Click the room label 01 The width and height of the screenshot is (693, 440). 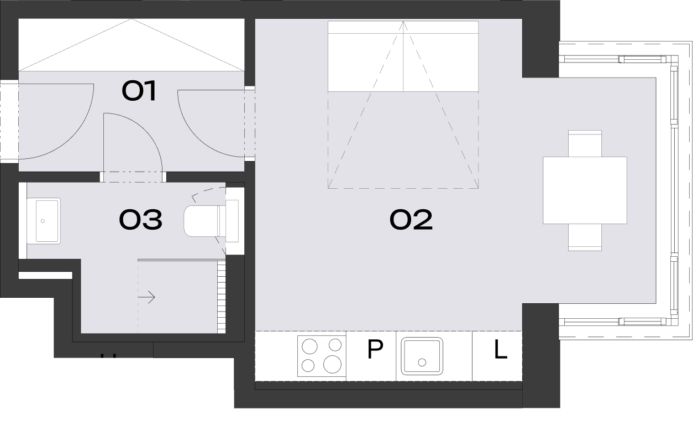pos(139,90)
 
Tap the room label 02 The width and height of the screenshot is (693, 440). pos(411,219)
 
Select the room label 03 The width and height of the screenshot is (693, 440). pos(140,219)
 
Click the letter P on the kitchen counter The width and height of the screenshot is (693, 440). pos(375,349)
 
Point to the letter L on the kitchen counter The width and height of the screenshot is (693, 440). pos(501,349)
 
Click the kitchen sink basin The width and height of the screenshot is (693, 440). pos(422,356)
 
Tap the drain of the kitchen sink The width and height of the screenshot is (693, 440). pos(422,362)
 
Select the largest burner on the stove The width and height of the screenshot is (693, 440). pos(332,364)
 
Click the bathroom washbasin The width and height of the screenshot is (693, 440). pos(44,221)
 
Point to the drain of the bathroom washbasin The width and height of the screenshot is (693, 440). pos(43,221)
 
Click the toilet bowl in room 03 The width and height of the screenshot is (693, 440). pos(202,221)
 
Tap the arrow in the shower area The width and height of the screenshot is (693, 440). pos(146,297)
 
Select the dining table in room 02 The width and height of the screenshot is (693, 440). pos(585,190)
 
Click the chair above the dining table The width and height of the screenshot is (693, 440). pos(585,143)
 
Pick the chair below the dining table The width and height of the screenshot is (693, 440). pos(585,237)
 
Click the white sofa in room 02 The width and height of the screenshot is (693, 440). pos(403,56)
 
